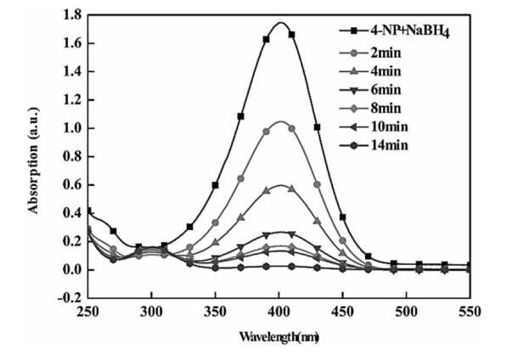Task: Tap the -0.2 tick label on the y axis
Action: (x=68, y=299)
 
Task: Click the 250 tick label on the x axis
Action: (x=87, y=312)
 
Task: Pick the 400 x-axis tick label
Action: (x=279, y=312)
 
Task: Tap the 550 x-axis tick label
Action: (x=469, y=312)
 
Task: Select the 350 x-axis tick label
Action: (x=215, y=312)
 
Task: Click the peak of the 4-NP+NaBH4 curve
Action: (x=279, y=23)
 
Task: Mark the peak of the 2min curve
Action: (x=279, y=121)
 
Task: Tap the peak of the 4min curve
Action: (x=279, y=185)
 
